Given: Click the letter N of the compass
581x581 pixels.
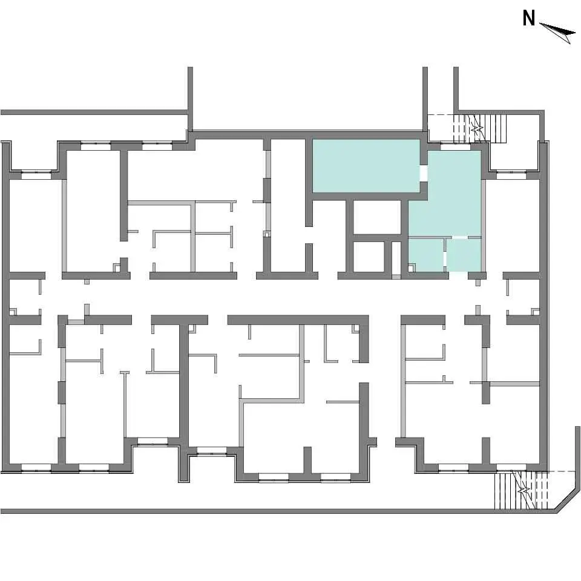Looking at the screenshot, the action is [529, 18].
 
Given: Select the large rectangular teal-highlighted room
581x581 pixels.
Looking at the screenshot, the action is [366, 166].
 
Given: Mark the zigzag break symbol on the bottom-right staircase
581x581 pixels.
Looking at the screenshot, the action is [524, 491].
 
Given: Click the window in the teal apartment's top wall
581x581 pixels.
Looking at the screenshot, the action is [455, 147].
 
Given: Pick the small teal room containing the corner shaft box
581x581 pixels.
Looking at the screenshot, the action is [426, 255].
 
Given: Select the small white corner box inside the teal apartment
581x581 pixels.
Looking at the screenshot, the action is [412, 267].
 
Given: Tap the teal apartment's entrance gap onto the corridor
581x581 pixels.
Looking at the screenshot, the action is [458, 275].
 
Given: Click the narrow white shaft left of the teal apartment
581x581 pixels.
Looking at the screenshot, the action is [396, 258].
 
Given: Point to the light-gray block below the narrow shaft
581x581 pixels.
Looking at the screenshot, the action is [396, 277].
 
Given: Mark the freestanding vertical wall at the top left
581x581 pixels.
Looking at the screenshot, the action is [190, 99].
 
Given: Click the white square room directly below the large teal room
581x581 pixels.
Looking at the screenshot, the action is [377, 217].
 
